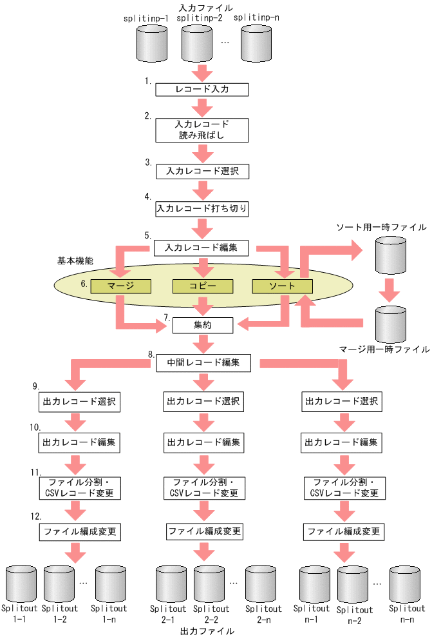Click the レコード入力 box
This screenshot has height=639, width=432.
(x=202, y=90)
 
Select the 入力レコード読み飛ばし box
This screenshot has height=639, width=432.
(x=202, y=129)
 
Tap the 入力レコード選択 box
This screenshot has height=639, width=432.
(x=202, y=172)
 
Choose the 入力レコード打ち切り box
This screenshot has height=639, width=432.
(x=202, y=209)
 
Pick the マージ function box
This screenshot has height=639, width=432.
(x=120, y=285)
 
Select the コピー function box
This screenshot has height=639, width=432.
(x=202, y=285)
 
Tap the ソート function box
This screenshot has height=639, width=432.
(x=282, y=285)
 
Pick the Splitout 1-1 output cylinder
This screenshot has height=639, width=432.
(x=19, y=583)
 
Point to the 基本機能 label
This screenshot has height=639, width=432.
(x=75, y=261)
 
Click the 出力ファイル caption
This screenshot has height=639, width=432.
(x=207, y=631)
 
